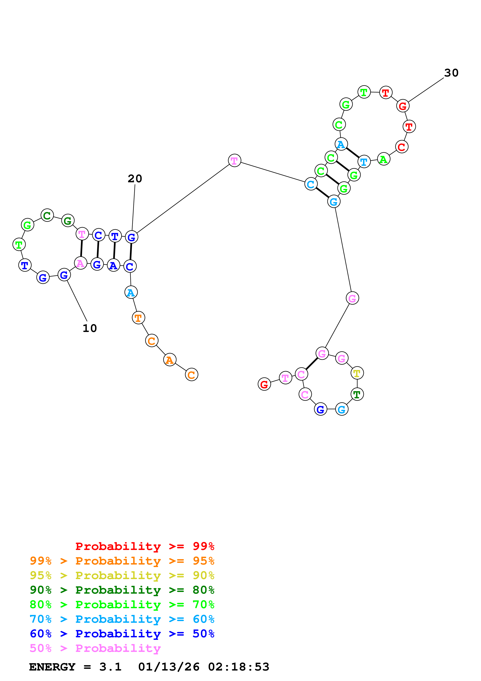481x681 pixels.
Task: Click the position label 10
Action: (x=89, y=328)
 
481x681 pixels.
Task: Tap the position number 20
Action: (x=135, y=179)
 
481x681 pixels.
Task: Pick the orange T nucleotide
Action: (x=138, y=318)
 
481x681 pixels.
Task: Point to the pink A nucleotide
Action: (x=80, y=263)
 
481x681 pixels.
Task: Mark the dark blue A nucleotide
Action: (x=113, y=265)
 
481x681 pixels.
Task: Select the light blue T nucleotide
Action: (x=364, y=162)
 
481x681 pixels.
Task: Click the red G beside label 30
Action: (x=402, y=106)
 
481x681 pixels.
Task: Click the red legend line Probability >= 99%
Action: (x=145, y=546)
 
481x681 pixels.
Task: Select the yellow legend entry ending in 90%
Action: (x=122, y=575)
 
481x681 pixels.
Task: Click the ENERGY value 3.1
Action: (x=110, y=667)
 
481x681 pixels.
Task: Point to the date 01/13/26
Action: (x=169, y=667)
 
